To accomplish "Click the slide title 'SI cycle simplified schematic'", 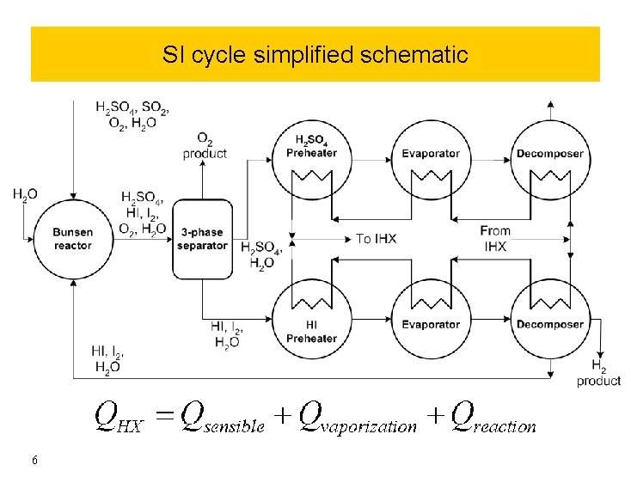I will pyautogui.click(x=315, y=55).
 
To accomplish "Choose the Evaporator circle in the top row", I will pyautogui.click(x=431, y=155).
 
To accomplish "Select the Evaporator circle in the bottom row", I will pyautogui.click(x=431, y=325).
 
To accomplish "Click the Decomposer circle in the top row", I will pyautogui.click(x=550, y=155).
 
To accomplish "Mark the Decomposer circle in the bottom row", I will pyautogui.click(x=550, y=325).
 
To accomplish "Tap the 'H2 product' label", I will pyautogui.click(x=598, y=374).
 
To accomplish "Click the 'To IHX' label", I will pyautogui.click(x=377, y=238).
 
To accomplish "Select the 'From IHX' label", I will pyautogui.click(x=495, y=238).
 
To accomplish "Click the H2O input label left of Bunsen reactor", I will pyautogui.click(x=25, y=196).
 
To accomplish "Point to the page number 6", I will pyautogui.click(x=34, y=461).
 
